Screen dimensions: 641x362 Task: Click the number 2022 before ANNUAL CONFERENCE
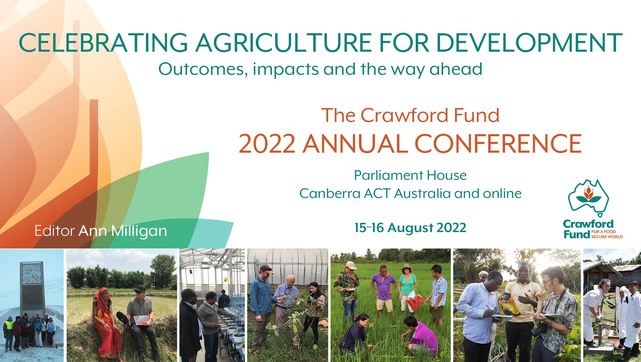point(267,143)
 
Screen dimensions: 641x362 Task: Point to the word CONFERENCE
point(498,143)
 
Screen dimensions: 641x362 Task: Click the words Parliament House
point(410,175)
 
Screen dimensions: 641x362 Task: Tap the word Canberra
point(330,194)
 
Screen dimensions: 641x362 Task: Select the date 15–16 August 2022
point(410,228)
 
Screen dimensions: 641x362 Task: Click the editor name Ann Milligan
point(123,231)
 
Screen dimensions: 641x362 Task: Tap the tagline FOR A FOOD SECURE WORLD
point(607,234)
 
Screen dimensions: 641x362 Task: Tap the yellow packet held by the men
point(508,307)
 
